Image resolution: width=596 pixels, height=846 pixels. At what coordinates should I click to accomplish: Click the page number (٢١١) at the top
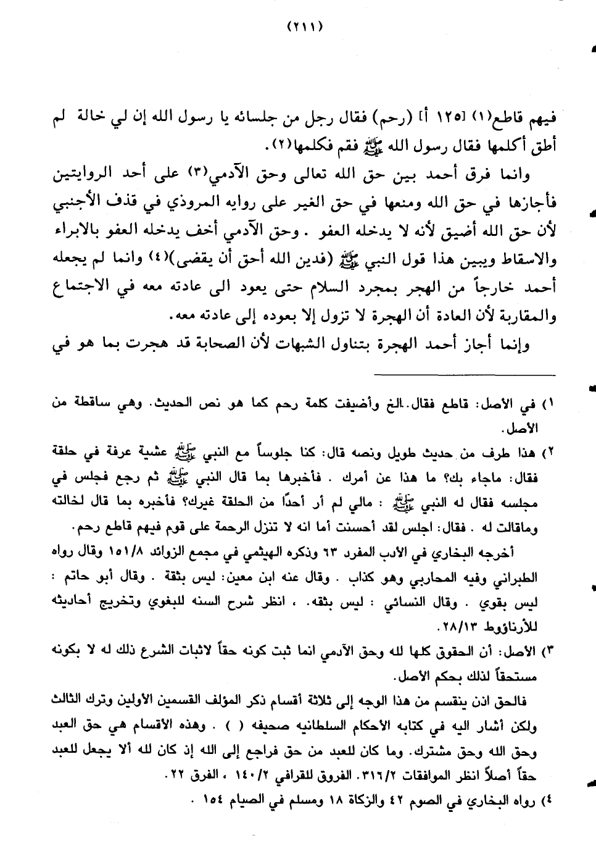coord(305,27)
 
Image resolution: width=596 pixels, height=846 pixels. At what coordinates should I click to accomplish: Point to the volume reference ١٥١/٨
coord(109,553)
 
